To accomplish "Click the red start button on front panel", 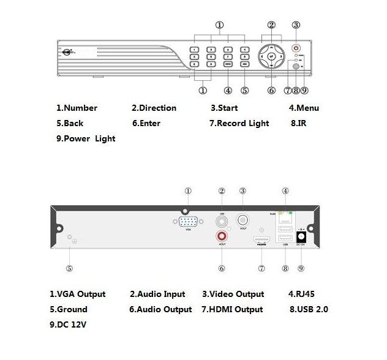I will coord(296,48).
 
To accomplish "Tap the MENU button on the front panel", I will coord(228,63).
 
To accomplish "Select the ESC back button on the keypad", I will coord(244,63).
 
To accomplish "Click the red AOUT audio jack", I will coord(221,236).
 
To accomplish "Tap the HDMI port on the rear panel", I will coord(261,241).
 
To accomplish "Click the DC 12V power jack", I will coord(301,236).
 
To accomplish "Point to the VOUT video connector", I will coord(242,219).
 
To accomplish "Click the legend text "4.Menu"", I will coord(304,108).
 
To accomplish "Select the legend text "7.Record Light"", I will coord(239,124).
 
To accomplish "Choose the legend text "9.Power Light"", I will coord(85,139).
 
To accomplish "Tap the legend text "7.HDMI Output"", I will coord(232,309).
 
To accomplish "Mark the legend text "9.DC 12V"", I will coord(68,324).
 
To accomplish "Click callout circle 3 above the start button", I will coord(296,25).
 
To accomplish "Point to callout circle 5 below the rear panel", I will coord(70,268).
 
